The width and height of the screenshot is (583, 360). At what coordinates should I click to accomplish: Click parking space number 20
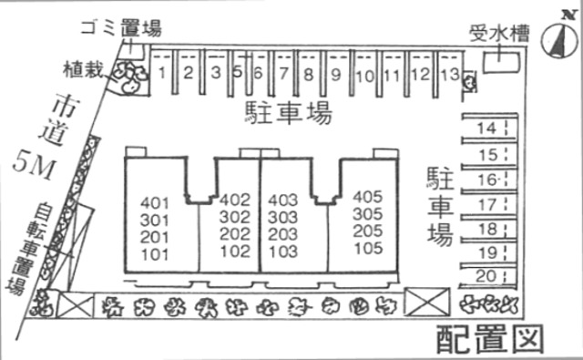click(x=486, y=276)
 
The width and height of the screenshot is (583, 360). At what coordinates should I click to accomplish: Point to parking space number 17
click(x=487, y=204)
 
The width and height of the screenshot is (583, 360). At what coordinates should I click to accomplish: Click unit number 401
click(x=156, y=201)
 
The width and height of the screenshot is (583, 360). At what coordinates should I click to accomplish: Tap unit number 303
click(x=284, y=217)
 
